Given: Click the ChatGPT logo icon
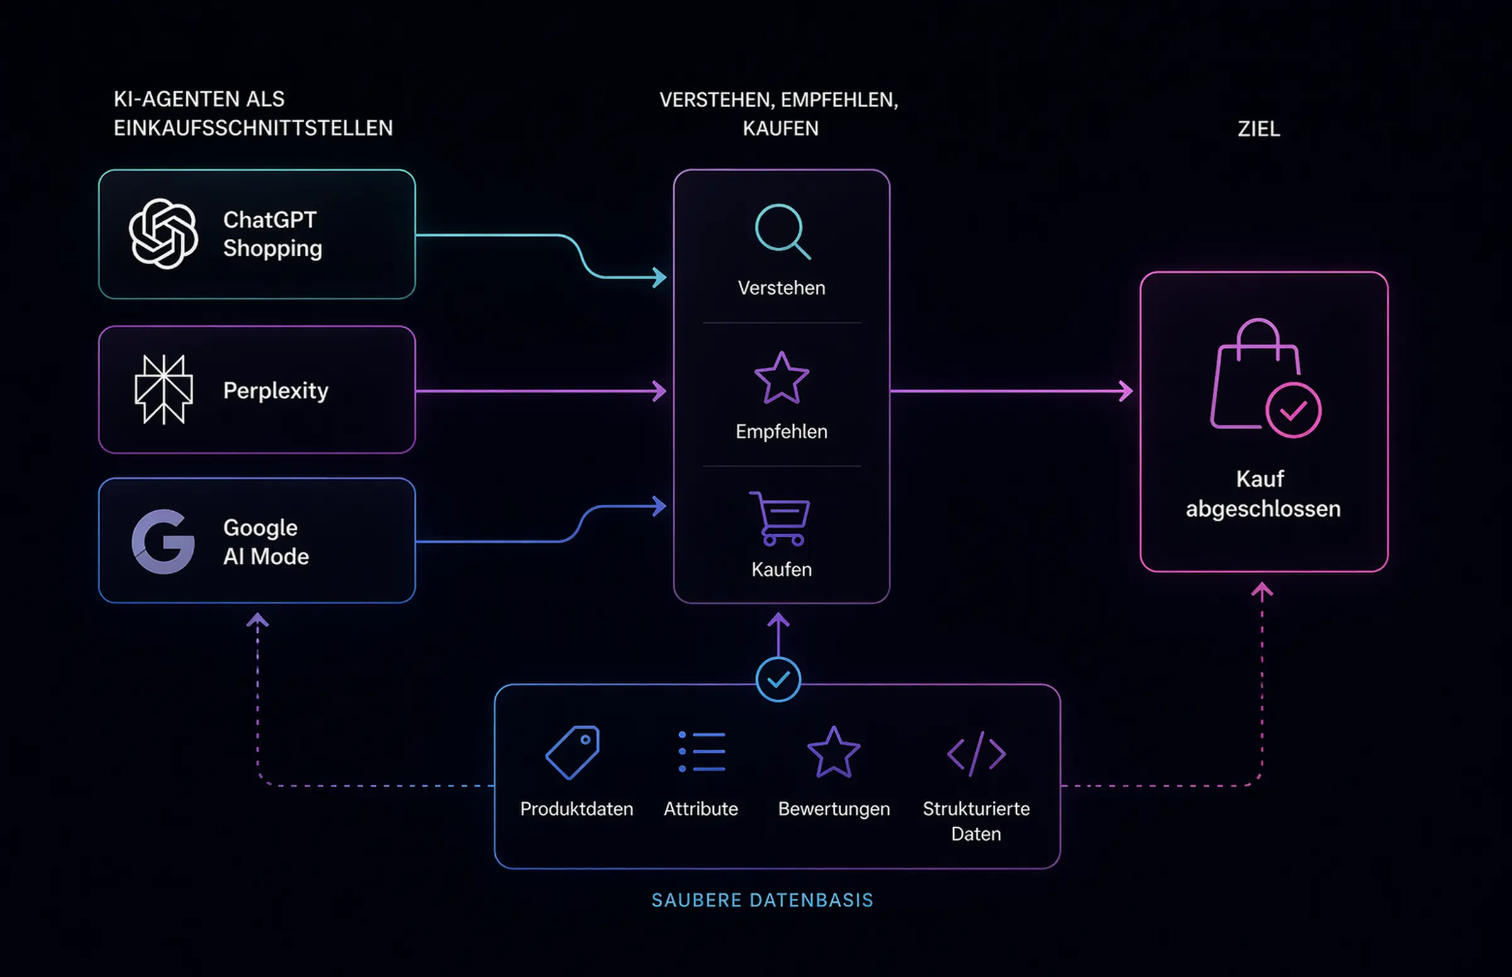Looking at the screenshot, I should [x=163, y=233].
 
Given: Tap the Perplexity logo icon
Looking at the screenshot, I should [x=164, y=389].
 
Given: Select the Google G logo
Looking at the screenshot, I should [x=163, y=542].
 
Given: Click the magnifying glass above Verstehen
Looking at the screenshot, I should [x=782, y=231].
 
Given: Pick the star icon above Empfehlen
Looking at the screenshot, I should [x=781, y=379].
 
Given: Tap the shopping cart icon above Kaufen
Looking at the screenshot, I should [x=781, y=518].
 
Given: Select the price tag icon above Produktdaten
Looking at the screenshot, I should [x=573, y=753].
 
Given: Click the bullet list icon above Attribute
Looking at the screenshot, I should [x=702, y=752].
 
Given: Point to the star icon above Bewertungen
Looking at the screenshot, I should [x=833, y=753].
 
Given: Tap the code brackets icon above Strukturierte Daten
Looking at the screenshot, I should [x=976, y=754].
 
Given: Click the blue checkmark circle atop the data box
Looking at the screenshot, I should [x=778, y=680].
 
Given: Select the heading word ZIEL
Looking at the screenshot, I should [x=1258, y=129].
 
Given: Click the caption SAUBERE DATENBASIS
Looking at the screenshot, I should [x=762, y=900].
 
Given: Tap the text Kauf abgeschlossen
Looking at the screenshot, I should [x=1263, y=494].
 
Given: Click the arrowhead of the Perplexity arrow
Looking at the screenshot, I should [x=661, y=391].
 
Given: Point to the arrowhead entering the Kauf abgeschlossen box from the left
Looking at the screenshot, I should [x=1126, y=391].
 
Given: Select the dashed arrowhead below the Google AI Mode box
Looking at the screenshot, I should [x=258, y=620].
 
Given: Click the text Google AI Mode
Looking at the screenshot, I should [x=266, y=542].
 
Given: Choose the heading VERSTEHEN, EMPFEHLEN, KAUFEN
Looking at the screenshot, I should [x=779, y=114].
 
